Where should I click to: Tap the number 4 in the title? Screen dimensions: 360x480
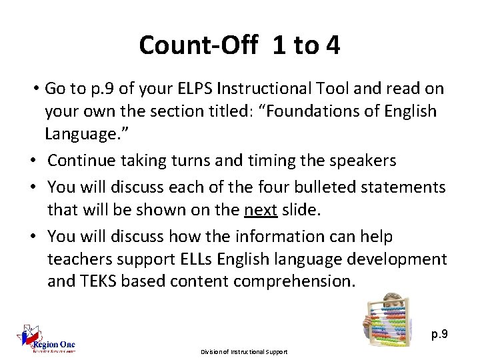tap(332, 46)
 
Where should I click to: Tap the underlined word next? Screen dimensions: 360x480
tap(261, 211)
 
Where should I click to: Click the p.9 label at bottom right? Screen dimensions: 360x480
tap(439, 333)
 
